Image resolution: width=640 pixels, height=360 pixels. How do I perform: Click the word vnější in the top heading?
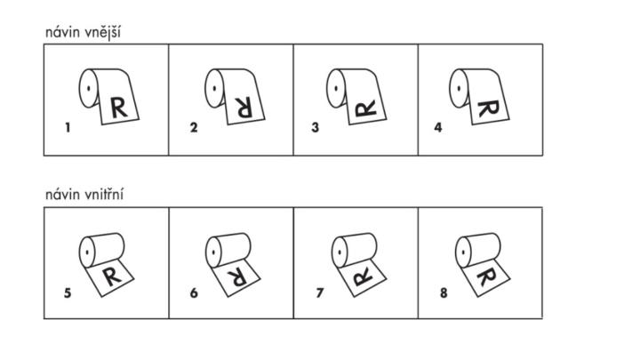tap(103, 33)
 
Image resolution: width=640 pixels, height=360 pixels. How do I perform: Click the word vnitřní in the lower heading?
tap(104, 195)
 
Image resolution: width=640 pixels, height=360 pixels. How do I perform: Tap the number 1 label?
tap(68, 128)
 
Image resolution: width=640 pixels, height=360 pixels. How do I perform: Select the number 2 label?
tap(194, 128)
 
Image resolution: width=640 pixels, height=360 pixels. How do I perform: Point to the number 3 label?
tap(315, 128)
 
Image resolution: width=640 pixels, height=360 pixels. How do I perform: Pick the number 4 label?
tap(438, 128)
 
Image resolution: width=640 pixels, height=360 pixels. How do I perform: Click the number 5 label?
tap(68, 293)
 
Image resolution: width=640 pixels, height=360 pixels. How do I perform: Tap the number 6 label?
tap(194, 293)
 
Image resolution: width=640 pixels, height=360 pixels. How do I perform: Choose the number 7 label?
tap(320, 293)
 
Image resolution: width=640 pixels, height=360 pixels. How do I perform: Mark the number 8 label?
tap(444, 293)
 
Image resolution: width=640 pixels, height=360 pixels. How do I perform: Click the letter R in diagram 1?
tap(119, 108)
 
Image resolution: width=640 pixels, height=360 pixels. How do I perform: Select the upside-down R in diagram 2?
tap(244, 108)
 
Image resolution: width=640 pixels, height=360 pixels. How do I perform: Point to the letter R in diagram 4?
tap(489, 108)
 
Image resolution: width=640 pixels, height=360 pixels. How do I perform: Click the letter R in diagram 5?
tap(112, 276)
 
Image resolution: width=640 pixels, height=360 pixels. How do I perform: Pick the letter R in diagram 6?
tap(237, 277)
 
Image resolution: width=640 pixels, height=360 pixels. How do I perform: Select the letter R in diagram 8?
tap(486, 276)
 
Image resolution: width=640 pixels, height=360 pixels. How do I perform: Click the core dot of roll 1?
tap(89, 88)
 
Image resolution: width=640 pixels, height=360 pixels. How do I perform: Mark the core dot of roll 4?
tap(460, 88)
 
